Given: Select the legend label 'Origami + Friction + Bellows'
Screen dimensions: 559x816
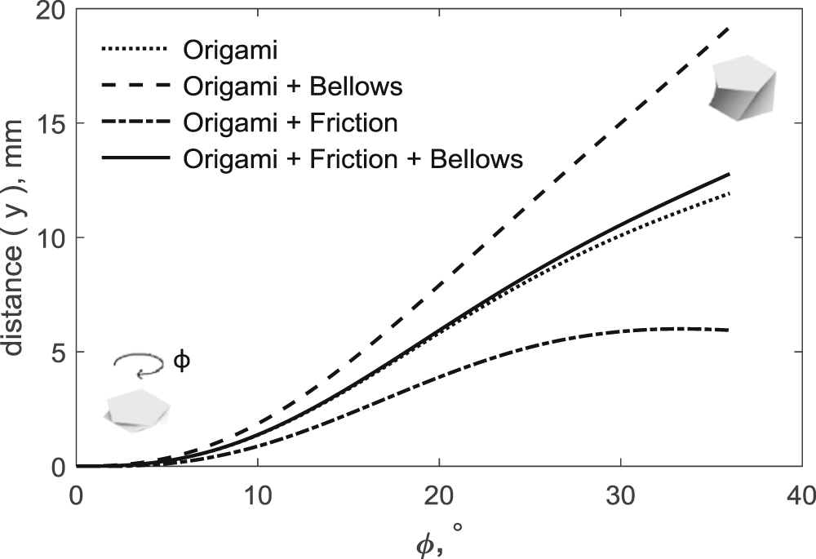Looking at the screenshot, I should coord(353,158).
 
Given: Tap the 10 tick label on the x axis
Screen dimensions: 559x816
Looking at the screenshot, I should coord(258,495).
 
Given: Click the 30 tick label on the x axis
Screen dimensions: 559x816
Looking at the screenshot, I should coord(622,495).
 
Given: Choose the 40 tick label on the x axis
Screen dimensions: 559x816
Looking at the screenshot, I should coord(803,495).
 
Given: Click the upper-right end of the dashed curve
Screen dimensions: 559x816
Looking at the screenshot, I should coord(729,27).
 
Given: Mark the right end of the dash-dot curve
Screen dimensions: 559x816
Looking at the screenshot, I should coord(729,330).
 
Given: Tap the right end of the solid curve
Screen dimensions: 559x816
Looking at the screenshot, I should coord(729,174).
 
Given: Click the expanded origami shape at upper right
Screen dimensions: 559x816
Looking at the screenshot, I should coord(743,88).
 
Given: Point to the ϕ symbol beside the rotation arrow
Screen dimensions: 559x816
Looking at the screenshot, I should coord(183,360).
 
